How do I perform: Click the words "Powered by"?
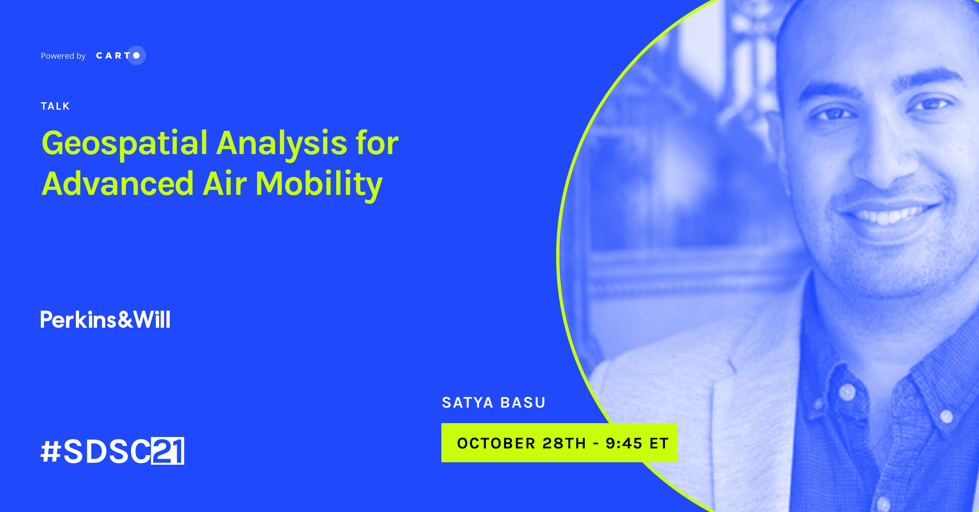coord(63,56)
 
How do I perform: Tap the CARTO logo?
coord(121,55)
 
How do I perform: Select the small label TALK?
coord(55,106)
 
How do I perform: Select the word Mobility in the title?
coord(319,185)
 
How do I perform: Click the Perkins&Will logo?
coord(105,320)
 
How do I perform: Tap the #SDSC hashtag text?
coord(96,451)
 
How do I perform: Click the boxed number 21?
coord(168,451)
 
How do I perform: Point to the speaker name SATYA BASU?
coord(494,403)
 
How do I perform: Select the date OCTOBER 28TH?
coord(521,443)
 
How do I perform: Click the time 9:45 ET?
coord(637,443)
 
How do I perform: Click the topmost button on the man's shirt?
coord(848,392)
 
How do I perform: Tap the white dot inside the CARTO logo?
coord(136,55)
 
